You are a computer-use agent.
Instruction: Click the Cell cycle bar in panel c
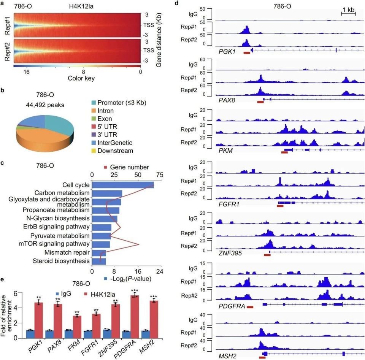pyautogui.click(x=123, y=185)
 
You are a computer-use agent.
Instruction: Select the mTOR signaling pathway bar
pyautogui.click(x=101, y=244)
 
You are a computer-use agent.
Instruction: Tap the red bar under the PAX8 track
pyautogui.click(x=260, y=102)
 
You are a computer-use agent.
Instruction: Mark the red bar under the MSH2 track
pyautogui.click(x=262, y=357)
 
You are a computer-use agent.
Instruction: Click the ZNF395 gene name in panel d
pyautogui.click(x=231, y=252)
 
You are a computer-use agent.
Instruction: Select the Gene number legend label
pyautogui.click(x=129, y=167)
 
